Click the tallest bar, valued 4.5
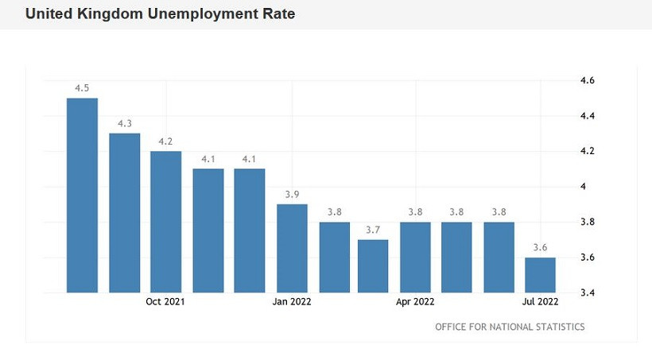82,195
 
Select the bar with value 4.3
124,212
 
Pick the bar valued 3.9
292,248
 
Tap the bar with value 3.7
373,265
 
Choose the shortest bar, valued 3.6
540,274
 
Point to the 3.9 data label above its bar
292,195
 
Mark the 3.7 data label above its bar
373,230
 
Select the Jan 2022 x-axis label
292,302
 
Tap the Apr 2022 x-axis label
415,302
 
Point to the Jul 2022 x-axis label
540,302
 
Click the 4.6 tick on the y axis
588,81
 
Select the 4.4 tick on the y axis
588,116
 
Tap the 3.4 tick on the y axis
588,292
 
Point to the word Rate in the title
277,14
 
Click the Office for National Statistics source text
510,327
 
